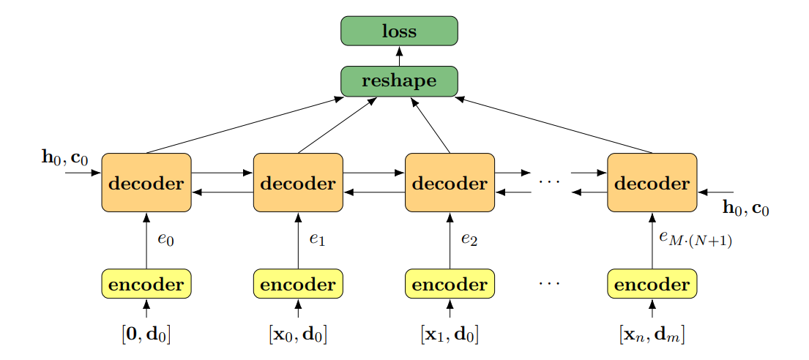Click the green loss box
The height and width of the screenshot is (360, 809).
[x=399, y=31]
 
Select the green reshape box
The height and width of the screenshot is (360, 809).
[x=399, y=81]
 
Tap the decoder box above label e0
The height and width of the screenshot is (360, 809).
[x=146, y=183]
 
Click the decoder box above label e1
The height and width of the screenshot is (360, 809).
[x=298, y=183]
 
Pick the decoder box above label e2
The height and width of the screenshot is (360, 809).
[x=450, y=183]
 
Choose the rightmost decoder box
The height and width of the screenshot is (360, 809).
[x=652, y=183]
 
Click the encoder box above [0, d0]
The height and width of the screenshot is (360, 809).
[x=146, y=284]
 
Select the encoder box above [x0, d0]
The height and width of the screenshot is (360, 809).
[x=298, y=284]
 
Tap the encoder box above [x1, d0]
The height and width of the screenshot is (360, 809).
[x=450, y=284]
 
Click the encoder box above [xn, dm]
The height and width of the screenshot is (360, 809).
[x=652, y=284]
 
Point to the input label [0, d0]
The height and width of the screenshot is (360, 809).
[x=146, y=335]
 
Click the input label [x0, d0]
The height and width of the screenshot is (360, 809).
[x=298, y=335]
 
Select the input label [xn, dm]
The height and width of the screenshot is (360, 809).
[x=652, y=335]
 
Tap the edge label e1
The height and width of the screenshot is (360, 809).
[x=317, y=239]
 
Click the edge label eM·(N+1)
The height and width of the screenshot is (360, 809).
[x=696, y=239]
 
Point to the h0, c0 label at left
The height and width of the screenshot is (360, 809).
[x=65, y=157]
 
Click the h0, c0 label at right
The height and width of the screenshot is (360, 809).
[x=745, y=208]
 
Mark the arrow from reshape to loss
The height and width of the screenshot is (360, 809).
[x=399, y=56]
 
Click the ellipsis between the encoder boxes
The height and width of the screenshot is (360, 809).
[x=549, y=284]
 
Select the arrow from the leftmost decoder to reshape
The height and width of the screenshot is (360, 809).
[x=245, y=125]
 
